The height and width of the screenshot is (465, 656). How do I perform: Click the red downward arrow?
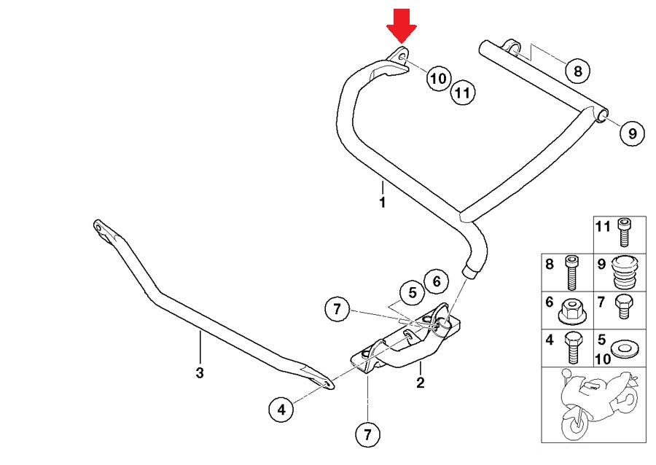point(401,24)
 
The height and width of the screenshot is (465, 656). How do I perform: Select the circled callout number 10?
point(437,78)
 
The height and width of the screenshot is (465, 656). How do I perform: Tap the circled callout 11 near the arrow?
point(462,93)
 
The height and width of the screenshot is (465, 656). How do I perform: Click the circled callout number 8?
point(577,71)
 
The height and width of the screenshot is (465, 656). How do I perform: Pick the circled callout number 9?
point(632,133)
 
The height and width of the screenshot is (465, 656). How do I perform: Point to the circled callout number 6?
point(436,281)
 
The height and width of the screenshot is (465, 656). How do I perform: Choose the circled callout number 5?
point(412,293)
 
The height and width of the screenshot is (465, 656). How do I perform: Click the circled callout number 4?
point(281,410)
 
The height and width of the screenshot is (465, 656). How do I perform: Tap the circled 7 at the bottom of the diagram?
point(367,435)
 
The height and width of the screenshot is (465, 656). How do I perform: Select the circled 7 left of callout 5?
point(337,309)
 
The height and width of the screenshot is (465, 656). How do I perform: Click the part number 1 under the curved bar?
point(382,203)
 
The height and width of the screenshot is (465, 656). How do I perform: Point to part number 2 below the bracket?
point(420,382)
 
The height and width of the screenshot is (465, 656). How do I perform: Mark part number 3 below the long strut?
point(200,373)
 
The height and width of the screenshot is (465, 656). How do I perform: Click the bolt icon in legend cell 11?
point(623,233)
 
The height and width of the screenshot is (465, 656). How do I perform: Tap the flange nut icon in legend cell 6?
point(572,311)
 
